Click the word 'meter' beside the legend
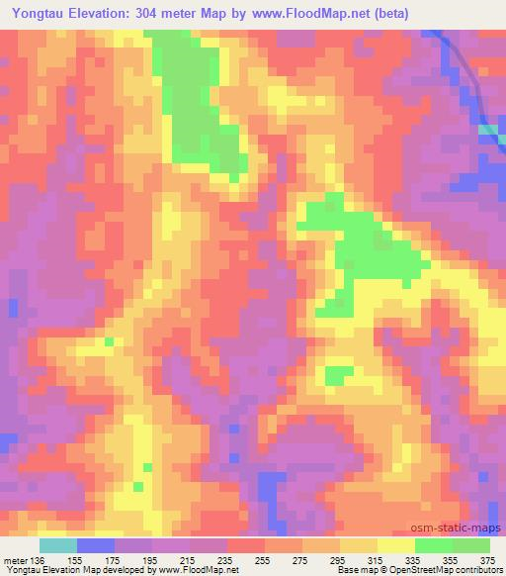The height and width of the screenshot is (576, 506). pyautogui.click(x=14, y=559)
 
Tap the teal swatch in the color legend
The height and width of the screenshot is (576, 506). pyautogui.click(x=58, y=545)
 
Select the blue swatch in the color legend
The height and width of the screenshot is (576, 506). pyautogui.click(x=96, y=545)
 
